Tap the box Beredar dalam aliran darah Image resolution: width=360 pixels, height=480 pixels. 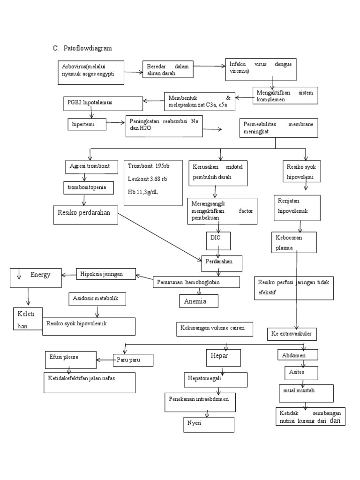tap(167, 69)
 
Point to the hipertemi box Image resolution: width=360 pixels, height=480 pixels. tap(87, 124)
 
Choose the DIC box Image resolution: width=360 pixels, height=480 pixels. tap(218, 240)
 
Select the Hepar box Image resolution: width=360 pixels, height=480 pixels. tap(223, 358)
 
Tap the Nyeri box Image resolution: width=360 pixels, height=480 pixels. tap(208, 424)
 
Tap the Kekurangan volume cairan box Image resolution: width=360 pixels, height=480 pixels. tap(214, 329)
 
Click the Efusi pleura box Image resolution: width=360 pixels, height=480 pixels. tap(71, 359)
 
